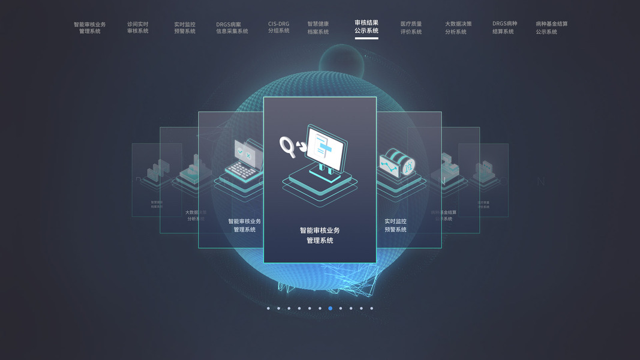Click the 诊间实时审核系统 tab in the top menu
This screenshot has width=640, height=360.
point(137,28)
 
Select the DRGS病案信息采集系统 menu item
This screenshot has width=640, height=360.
point(232,28)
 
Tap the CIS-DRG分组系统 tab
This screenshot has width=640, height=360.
point(278,28)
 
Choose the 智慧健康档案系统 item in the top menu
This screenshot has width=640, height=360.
point(318,28)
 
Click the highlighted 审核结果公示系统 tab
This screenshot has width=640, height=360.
point(366,26)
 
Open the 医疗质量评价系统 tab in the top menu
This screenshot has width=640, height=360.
point(411,28)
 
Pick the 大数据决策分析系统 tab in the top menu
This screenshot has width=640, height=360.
point(458,28)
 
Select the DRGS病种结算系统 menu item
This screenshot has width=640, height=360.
point(504,28)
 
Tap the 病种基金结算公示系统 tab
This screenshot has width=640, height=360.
point(551,28)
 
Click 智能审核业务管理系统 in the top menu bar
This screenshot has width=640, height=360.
point(89,28)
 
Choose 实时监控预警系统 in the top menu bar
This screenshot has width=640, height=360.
point(185,28)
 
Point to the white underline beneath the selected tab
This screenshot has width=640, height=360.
point(366,38)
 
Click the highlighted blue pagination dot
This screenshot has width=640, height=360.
point(330,308)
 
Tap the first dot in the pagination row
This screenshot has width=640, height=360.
point(268,308)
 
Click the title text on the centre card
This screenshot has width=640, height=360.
point(320,235)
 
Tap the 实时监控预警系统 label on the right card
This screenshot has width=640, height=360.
point(395,225)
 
